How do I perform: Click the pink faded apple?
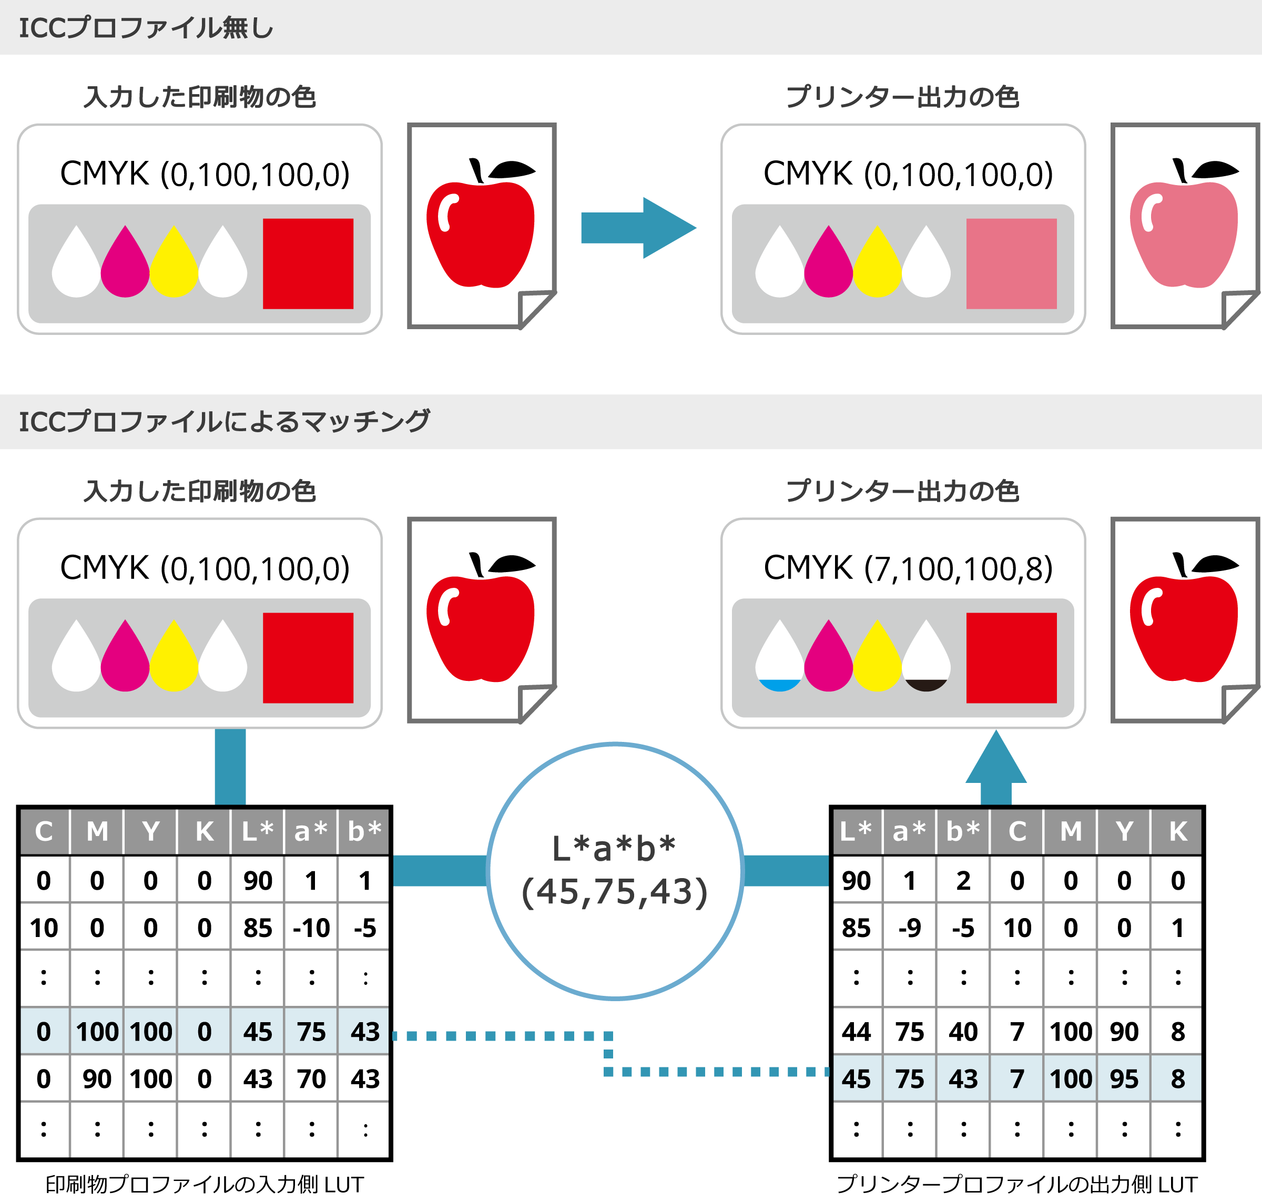click(x=1183, y=234)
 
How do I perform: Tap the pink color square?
click(x=1011, y=263)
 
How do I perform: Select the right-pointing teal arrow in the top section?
click(x=637, y=228)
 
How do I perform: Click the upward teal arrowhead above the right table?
click(x=996, y=759)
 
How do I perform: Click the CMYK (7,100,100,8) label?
click(x=908, y=568)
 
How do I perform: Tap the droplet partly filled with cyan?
click(x=779, y=656)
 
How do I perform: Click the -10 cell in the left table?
click(x=311, y=928)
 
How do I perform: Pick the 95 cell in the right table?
click(x=1124, y=1079)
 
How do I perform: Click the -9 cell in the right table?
click(x=910, y=928)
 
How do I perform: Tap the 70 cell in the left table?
click(x=311, y=1079)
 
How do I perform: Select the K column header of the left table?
click(x=205, y=831)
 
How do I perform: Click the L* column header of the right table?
click(x=856, y=831)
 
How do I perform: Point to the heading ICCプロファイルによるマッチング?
click(x=224, y=422)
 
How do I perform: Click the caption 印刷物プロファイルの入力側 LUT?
click(x=205, y=1185)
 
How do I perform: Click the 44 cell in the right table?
click(x=856, y=1032)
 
